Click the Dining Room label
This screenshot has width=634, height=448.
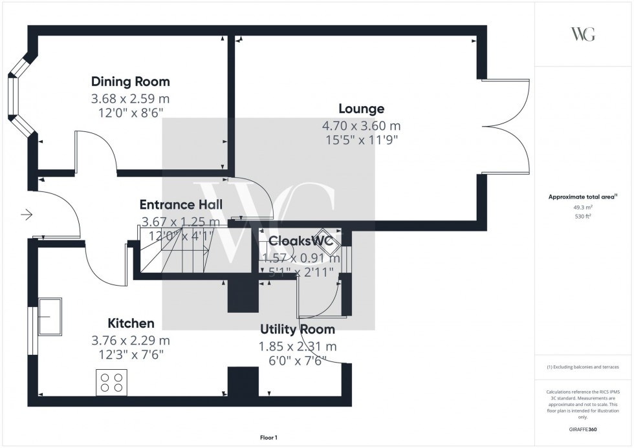click(130, 81)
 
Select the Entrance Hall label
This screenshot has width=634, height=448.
click(180, 205)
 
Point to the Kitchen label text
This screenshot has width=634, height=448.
click(131, 323)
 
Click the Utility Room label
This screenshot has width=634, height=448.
click(298, 329)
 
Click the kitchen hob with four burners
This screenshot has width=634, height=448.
click(111, 381)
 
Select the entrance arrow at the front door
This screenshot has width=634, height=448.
click(27, 215)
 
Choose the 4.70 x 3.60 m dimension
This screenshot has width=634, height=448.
click(361, 126)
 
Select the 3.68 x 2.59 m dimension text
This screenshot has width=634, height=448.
click(130, 99)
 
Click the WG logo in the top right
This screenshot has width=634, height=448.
click(583, 35)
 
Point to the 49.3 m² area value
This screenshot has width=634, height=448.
click(583, 208)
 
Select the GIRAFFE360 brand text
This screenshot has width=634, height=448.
click(583, 429)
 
